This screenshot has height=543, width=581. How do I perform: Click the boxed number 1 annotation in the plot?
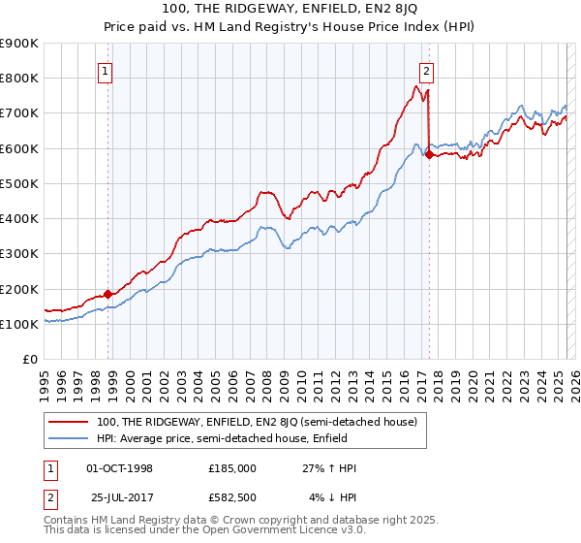click(x=105, y=70)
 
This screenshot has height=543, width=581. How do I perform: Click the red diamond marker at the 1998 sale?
click(x=107, y=294)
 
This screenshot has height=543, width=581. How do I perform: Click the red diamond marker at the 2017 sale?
click(x=429, y=154)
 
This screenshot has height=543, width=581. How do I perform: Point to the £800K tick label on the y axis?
click(x=19, y=78)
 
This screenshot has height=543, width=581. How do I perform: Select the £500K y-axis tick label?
click(x=19, y=183)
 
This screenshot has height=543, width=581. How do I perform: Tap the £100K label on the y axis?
click(x=19, y=324)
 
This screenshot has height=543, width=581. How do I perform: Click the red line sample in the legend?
click(x=68, y=422)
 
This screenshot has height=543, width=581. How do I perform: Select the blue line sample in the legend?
click(x=68, y=438)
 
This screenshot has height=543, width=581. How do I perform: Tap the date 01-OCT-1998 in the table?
click(x=120, y=468)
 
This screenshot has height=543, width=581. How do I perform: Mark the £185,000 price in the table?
click(x=232, y=468)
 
